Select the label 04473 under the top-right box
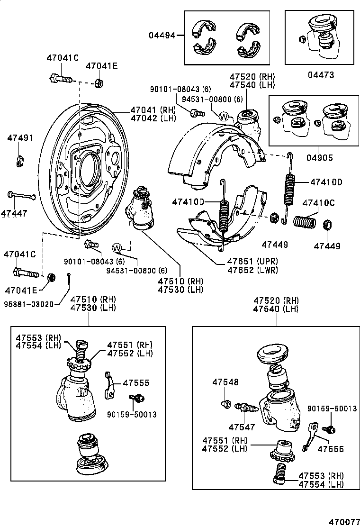[321, 75]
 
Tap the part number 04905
[321, 158]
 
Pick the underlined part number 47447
[14, 214]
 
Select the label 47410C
[318, 203]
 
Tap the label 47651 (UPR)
[252, 262]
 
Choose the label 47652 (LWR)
[252, 270]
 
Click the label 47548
[225, 382]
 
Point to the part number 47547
[242, 427]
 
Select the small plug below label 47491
[20, 161]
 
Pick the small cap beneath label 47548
[226, 404]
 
